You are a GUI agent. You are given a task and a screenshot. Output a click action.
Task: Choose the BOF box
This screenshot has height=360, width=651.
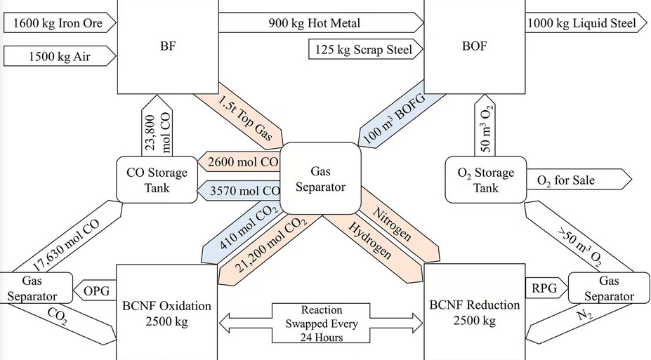475,47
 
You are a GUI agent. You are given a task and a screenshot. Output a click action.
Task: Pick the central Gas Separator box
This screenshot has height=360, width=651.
320,178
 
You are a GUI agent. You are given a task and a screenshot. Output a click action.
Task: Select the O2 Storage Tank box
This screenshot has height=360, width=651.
485,180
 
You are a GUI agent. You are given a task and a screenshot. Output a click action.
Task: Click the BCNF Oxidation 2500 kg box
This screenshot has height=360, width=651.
166,312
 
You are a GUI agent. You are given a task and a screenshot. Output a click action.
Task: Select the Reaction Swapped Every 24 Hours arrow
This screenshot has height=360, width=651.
321,323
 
